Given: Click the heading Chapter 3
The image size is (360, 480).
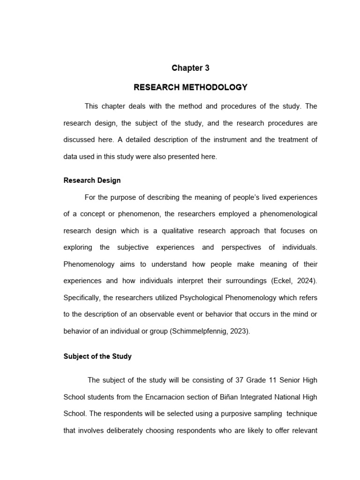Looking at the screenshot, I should pos(190,68).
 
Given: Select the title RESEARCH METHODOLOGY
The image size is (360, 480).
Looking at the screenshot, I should pos(190,87).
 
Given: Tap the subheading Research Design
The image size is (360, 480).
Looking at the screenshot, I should pos(92,180).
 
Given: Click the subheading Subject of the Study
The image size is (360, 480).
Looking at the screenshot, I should pos(97,356).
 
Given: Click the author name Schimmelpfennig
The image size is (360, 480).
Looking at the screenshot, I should pos(203,331).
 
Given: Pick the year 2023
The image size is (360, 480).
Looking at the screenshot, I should pos(239,331).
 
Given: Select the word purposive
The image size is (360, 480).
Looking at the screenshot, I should pos(232,414).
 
